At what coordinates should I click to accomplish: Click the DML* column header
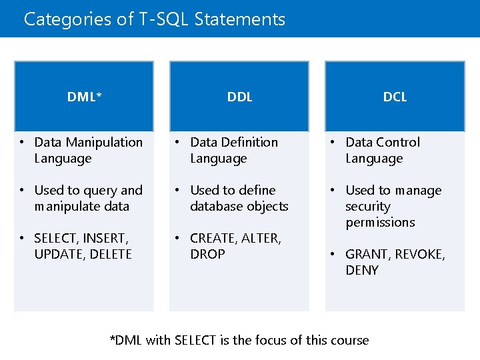(x=84, y=97)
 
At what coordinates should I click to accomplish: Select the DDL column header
(x=239, y=97)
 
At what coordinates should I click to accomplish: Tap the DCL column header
(x=395, y=97)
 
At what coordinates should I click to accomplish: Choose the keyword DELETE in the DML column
(x=110, y=254)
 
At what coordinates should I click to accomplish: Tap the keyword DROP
(x=207, y=254)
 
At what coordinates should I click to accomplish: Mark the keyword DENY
(x=362, y=270)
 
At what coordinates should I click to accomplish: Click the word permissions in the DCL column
(x=380, y=223)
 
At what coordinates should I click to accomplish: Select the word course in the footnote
(x=349, y=340)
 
